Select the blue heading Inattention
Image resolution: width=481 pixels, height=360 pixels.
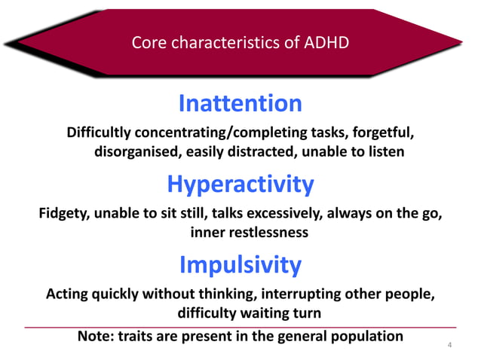point(240,103)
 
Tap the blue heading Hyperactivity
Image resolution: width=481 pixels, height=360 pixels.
point(240,184)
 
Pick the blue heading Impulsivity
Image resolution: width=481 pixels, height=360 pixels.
point(240,264)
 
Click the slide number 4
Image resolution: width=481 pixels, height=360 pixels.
point(449,346)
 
